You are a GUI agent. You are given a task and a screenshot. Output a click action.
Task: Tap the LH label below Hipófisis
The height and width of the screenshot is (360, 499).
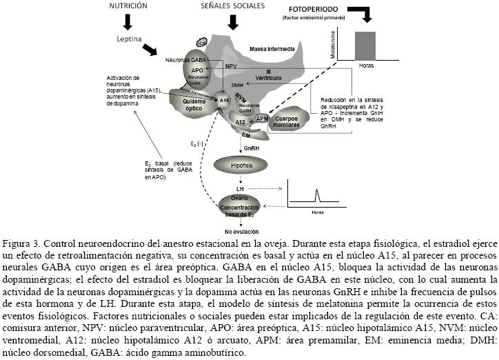pos(240,188)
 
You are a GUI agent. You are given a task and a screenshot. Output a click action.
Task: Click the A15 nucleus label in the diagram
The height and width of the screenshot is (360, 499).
pos(224,100)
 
